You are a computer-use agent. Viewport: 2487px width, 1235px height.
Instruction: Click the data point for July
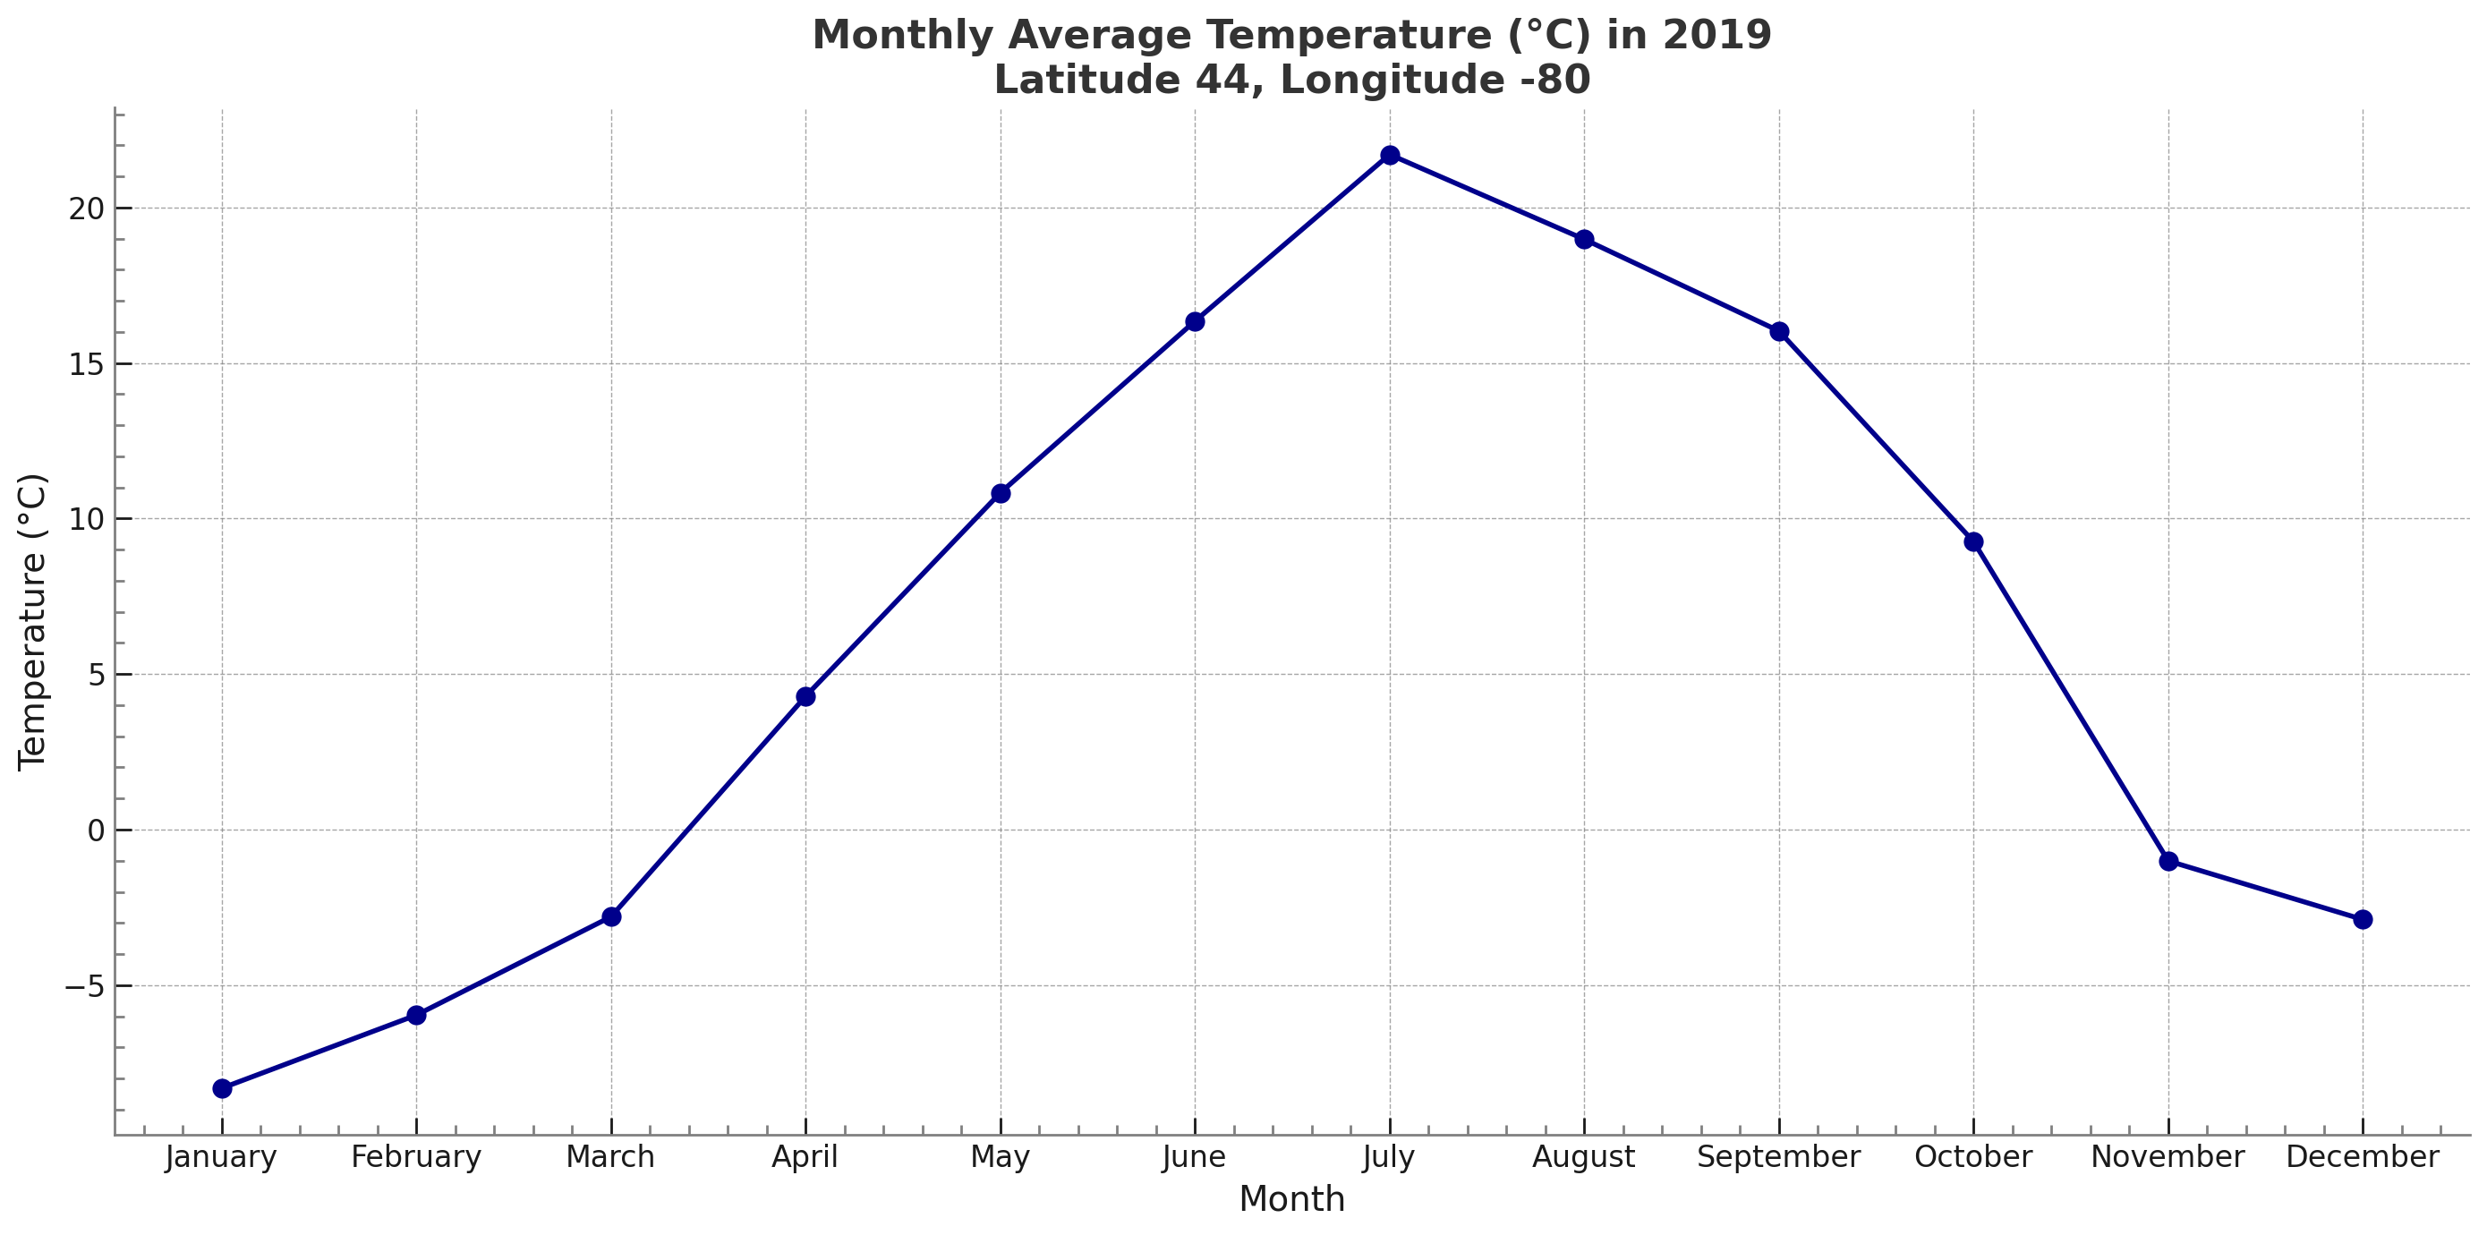point(1389,156)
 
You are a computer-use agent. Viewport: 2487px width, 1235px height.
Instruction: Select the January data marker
point(222,1088)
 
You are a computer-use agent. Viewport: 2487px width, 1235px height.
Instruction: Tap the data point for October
point(1973,541)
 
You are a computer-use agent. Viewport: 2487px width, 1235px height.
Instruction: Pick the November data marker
point(2168,860)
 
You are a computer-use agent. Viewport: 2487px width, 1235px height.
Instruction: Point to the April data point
point(805,696)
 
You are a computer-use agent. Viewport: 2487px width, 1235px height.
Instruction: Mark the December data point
point(2363,919)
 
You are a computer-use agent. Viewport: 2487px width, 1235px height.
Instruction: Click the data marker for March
point(611,916)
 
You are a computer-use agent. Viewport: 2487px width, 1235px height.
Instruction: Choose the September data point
point(1779,331)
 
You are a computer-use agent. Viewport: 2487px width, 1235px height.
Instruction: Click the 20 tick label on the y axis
point(86,209)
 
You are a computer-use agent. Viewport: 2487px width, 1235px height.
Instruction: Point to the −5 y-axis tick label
point(84,986)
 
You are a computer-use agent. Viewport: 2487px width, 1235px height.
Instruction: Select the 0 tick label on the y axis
point(96,830)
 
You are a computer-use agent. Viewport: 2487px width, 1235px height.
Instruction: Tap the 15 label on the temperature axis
point(86,364)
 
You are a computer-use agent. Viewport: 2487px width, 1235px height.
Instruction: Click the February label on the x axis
point(416,1157)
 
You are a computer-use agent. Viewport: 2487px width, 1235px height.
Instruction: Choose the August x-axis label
point(1583,1157)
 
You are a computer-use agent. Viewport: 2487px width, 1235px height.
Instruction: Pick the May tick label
point(1001,1157)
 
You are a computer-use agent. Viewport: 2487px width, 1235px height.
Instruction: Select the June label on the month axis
point(1194,1157)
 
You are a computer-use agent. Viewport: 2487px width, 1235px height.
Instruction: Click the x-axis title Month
point(1291,1199)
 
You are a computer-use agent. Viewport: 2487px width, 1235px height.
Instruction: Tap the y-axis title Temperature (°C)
point(32,622)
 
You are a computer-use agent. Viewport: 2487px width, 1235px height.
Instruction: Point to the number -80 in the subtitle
point(1554,81)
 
